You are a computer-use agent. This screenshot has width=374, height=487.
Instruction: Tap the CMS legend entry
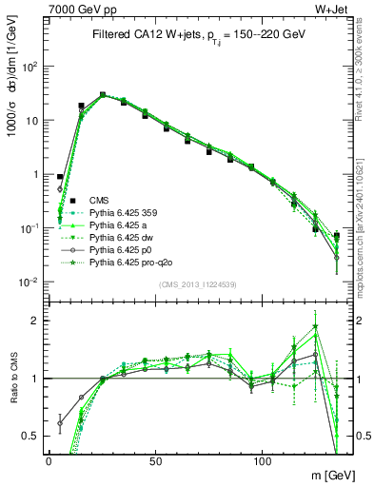[x=100, y=201]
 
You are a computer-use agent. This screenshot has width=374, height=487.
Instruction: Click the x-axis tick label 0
[x=49, y=459]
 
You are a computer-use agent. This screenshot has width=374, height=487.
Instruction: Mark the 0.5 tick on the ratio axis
[x=34, y=436]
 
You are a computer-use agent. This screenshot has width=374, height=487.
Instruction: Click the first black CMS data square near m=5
[x=60, y=177]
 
